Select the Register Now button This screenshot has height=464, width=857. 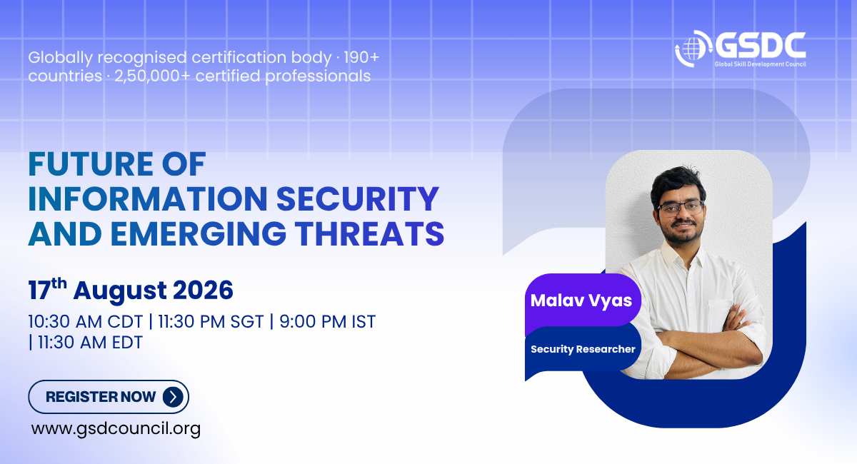pyautogui.click(x=109, y=397)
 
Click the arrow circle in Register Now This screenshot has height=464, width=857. pyautogui.click(x=173, y=397)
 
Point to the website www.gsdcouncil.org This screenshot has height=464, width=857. pyautogui.click(x=116, y=429)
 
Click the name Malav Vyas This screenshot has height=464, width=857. pyautogui.click(x=581, y=301)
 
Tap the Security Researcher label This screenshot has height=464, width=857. pyautogui.click(x=583, y=349)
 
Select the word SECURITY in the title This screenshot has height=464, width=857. pyautogui.click(x=358, y=199)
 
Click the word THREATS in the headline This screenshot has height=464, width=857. pyautogui.click(x=370, y=233)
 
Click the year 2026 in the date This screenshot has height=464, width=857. pyautogui.click(x=203, y=291)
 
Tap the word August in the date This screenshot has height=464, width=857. pyautogui.click(x=120, y=291)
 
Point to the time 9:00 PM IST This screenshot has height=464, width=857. pyautogui.click(x=328, y=322)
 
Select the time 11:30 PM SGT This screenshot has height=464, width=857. pyautogui.click(x=211, y=322)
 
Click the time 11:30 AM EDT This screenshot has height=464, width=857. pyautogui.click(x=90, y=343)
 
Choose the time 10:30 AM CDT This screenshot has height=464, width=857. pyautogui.click(x=85, y=322)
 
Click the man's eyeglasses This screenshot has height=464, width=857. pyautogui.click(x=681, y=208)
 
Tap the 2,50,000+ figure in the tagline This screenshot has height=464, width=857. pyautogui.click(x=152, y=76)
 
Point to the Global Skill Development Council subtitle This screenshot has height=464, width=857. pyautogui.click(x=761, y=64)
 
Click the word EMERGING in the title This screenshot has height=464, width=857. pyautogui.click(x=199, y=233)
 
